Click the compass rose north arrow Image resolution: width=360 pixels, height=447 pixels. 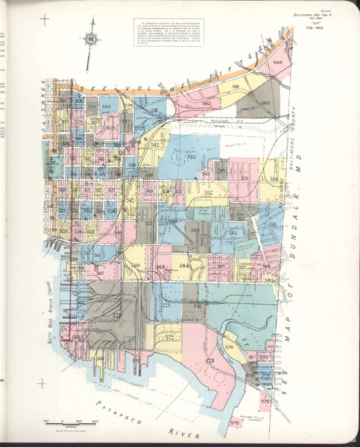tap(90, 38)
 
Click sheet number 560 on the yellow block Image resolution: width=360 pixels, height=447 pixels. tap(135, 265)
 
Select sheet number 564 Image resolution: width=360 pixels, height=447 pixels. tap(185, 264)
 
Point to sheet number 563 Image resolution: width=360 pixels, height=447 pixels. tap(160, 267)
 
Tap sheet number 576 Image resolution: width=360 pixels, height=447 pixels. tap(229, 346)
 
